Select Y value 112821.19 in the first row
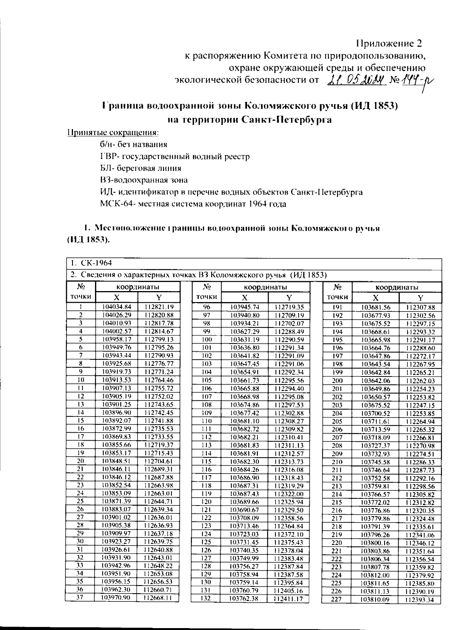(159, 307)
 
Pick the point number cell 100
(206, 340)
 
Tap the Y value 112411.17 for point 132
(288, 599)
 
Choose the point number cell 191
(337, 308)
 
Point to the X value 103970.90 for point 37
(117, 597)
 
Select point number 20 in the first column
(80, 461)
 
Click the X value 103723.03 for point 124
(245, 534)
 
